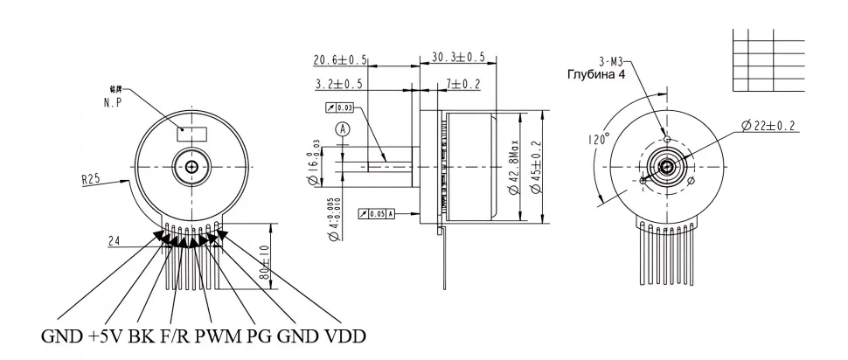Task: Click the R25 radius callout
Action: click(91, 181)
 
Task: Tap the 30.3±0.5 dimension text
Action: click(458, 57)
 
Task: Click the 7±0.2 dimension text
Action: click(462, 84)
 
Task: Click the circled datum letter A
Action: click(344, 128)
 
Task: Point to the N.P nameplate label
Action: click(111, 102)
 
